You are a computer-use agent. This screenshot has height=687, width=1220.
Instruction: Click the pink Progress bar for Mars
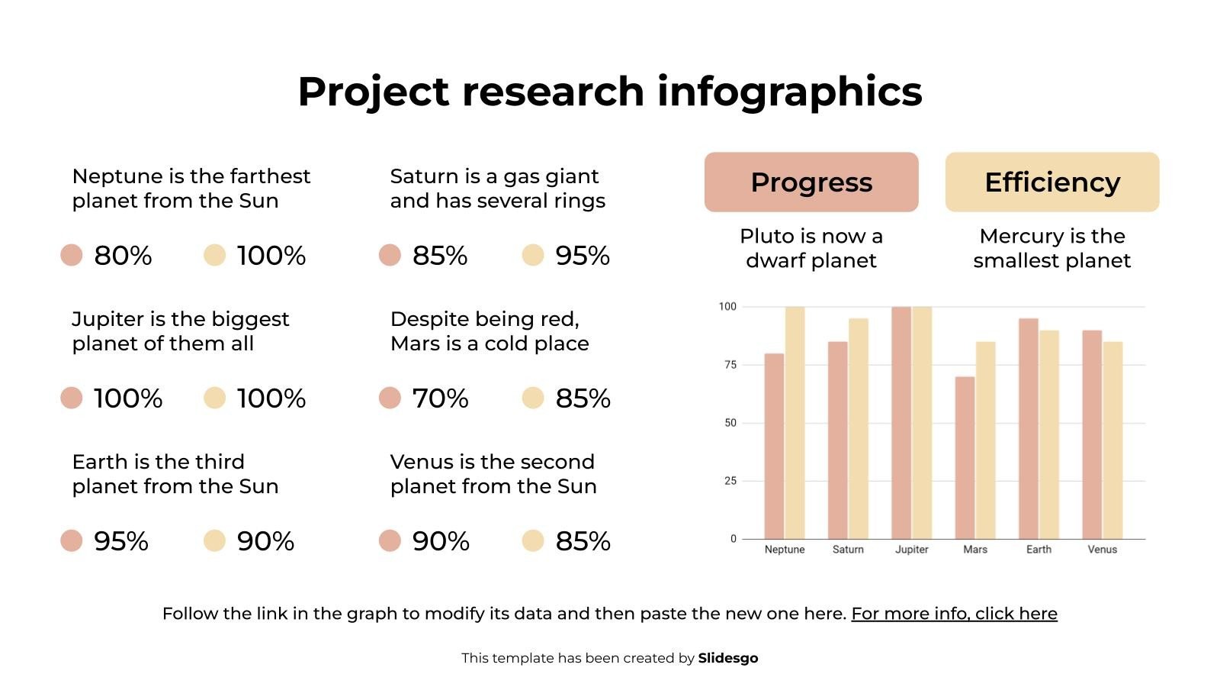[965, 458]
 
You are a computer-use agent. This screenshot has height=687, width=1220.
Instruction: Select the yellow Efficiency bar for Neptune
[795, 423]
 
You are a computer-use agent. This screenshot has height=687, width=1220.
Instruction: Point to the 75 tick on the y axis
[730, 365]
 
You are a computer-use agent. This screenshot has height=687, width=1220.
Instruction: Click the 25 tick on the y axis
[730, 481]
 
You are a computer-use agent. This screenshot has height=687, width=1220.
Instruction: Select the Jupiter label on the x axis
[911, 550]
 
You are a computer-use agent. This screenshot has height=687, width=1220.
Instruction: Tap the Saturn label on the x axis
[848, 550]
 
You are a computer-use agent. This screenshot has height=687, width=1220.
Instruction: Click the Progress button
[811, 182]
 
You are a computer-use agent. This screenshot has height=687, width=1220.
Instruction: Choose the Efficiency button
[1052, 182]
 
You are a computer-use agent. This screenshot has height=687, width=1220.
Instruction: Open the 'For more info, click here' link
[954, 614]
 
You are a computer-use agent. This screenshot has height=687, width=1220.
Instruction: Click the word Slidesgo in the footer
[727, 658]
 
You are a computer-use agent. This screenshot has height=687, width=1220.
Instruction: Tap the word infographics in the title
[789, 92]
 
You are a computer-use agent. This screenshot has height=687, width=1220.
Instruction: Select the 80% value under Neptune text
[123, 256]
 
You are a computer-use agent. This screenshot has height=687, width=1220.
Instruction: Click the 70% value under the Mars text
[440, 398]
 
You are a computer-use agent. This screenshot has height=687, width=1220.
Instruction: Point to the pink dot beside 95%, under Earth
[72, 541]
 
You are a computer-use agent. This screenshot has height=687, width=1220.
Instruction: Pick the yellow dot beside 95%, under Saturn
[533, 256]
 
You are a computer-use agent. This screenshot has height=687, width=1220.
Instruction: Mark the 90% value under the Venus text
[441, 541]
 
